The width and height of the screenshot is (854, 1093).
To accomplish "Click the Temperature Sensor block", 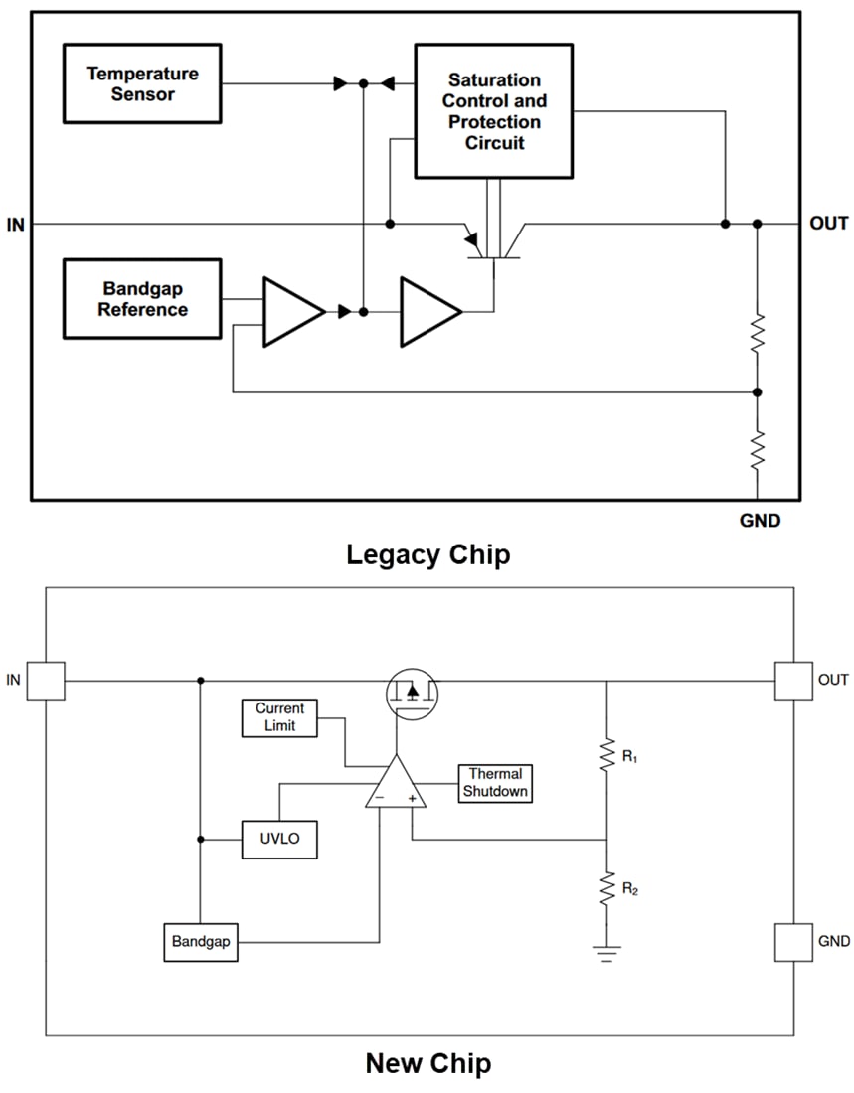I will click(141, 83).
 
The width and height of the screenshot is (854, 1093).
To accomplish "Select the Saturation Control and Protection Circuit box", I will click(493, 110).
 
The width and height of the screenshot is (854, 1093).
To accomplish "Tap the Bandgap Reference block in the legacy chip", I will click(141, 299).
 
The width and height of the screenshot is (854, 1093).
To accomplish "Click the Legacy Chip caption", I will click(427, 554).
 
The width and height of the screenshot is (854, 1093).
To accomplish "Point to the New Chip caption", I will click(427, 1064).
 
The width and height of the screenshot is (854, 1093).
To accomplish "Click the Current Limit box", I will click(279, 717).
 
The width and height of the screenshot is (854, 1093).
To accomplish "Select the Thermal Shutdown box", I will click(495, 783).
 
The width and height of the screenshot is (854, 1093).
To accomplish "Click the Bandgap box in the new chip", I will click(201, 941).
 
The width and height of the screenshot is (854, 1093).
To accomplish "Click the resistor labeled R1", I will click(606, 757).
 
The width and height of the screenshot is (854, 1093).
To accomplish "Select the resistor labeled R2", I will click(606, 889).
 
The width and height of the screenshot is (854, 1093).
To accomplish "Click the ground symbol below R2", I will click(606, 954).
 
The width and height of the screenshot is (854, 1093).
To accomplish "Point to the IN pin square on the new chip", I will click(46, 681).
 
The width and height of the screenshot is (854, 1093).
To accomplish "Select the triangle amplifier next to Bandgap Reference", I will click(290, 312).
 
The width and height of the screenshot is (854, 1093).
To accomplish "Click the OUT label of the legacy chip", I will click(828, 224).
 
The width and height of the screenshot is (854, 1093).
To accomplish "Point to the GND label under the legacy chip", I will click(760, 520).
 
